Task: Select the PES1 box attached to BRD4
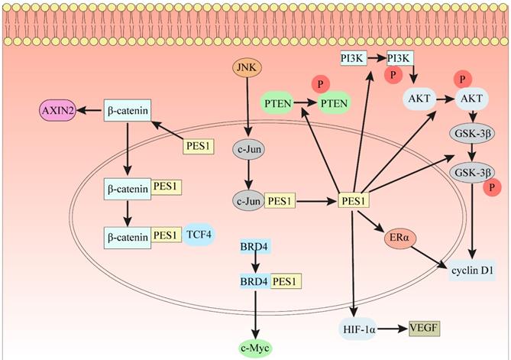click(x=286, y=281)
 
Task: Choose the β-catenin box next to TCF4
click(x=126, y=236)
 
